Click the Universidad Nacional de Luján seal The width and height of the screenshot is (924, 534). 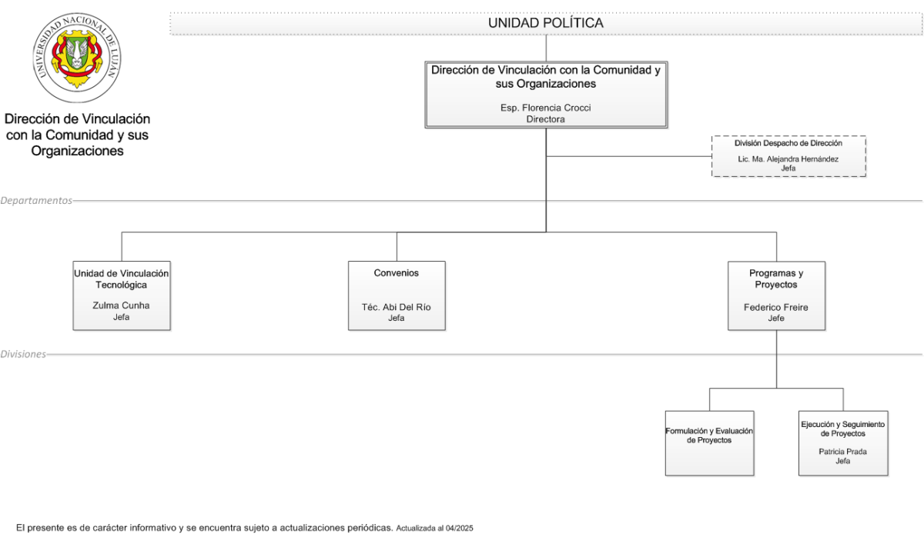[x=77, y=58]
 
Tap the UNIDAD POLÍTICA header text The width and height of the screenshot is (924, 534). [x=546, y=23]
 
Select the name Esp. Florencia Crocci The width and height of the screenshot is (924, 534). [x=545, y=108]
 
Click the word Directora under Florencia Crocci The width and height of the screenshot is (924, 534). [x=545, y=119]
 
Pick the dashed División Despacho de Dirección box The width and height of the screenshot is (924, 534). [x=788, y=156]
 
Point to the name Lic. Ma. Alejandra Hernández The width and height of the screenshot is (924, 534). [x=788, y=159]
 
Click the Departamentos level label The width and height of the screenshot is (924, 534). [x=36, y=200]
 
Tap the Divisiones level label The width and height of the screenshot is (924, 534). [x=23, y=354]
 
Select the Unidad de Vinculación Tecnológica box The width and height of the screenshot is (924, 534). [x=122, y=295]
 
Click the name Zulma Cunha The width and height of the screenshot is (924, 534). [x=121, y=305]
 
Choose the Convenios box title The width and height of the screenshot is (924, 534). [x=396, y=273]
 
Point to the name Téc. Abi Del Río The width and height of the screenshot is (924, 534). [x=396, y=307]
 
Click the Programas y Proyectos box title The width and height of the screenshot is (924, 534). [x=776, y=279]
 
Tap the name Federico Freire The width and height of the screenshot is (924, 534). [x=776, y=307]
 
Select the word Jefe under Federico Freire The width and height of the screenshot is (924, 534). [x=776, y=318]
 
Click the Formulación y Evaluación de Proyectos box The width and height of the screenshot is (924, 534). [x=709, y=443]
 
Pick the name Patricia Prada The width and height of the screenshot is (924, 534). [x=842, y=452]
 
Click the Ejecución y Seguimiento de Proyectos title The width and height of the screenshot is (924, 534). [x=842, y=429]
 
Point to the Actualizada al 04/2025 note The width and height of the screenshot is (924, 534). [x=435, y=528]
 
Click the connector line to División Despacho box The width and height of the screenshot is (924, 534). [x=629, y=156]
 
